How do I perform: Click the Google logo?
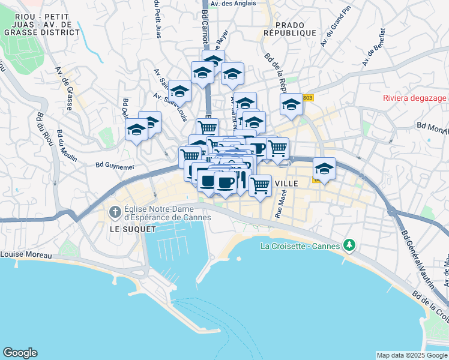pyautogui.click(x=20, y=352)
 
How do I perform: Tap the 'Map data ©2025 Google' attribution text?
pyautogui.click(x=412, y=355)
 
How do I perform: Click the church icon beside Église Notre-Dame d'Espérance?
pyautogui.click(x=114, y=212)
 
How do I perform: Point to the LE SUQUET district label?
pyautogui.click(x=133, y=229)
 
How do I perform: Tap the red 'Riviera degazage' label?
pyautogui.click(x=415, y=98)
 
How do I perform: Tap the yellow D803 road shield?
pyautogui.click(x=307, y=97)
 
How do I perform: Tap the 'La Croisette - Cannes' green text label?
pyautogui.click(x=300, y=245)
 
